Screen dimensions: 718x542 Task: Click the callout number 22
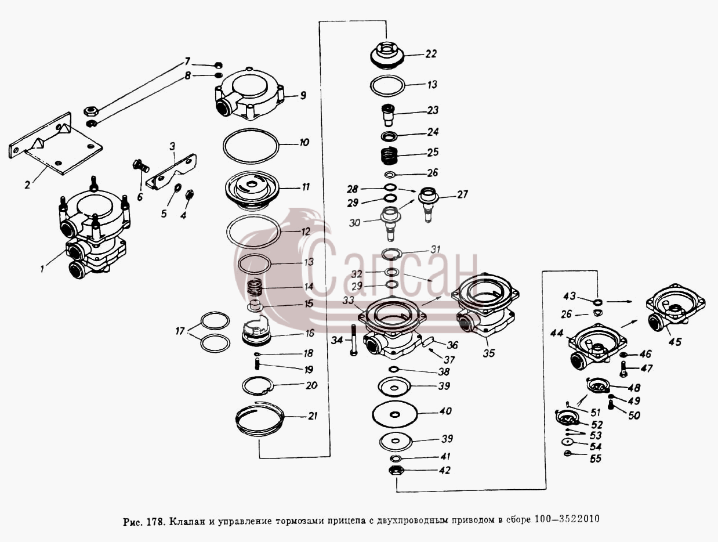click(x=431, y=54)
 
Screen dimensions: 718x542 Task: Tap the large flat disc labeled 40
click(x=395, y=414)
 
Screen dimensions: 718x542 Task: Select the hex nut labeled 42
click(x=396, y=471)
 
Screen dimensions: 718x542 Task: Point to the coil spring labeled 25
click(x=390, y=155)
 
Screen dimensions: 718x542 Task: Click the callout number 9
click(x=303, y=95)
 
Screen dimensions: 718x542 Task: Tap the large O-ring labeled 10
click(x=251, y=146)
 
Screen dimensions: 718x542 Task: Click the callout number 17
click(x=180, y=331)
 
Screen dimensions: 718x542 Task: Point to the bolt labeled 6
click(x=141, y=165)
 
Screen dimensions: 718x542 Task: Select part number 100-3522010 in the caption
click(x=567, y=519)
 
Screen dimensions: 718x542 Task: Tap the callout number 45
click(x=675, y=342)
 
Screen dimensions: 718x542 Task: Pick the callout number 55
click(x=596, y=458)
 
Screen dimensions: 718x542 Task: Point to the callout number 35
click(x=489, y=353)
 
